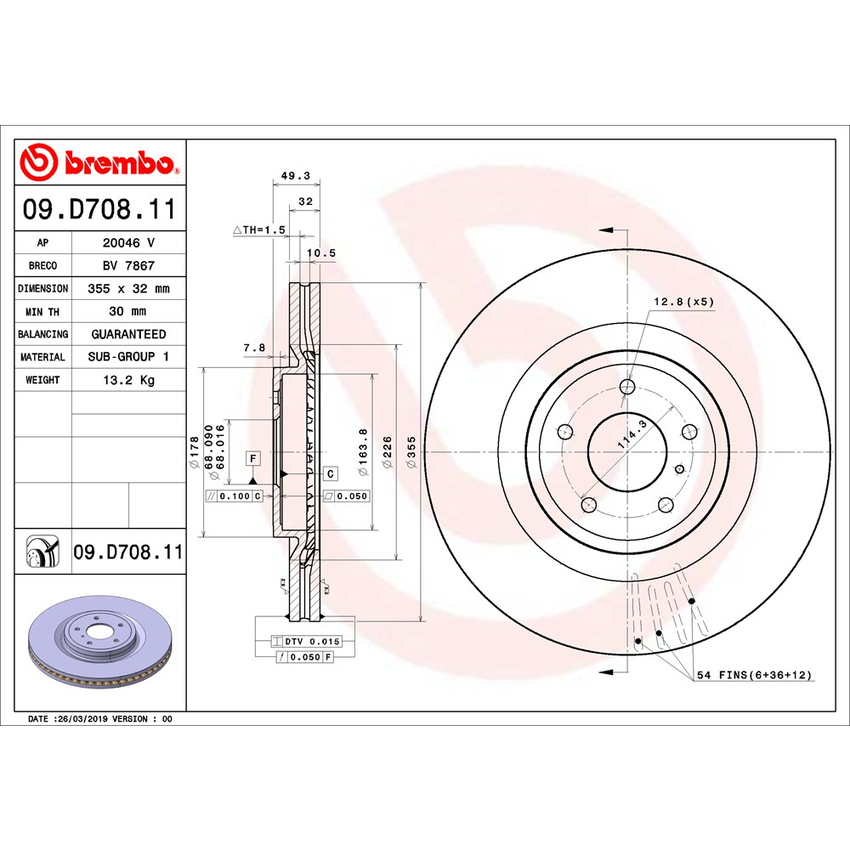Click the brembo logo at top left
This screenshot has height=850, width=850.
click(100, 162)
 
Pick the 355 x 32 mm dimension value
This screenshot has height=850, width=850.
click(128, 288)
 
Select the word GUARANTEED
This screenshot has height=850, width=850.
click(128, 334)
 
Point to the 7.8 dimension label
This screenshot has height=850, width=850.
click(253, 347)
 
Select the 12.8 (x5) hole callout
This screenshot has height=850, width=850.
click(683, 301)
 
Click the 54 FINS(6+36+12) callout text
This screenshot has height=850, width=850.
click(755, 675)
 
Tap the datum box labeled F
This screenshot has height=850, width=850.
click(252, 458)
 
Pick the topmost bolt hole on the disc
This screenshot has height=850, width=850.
click(627, 388)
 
